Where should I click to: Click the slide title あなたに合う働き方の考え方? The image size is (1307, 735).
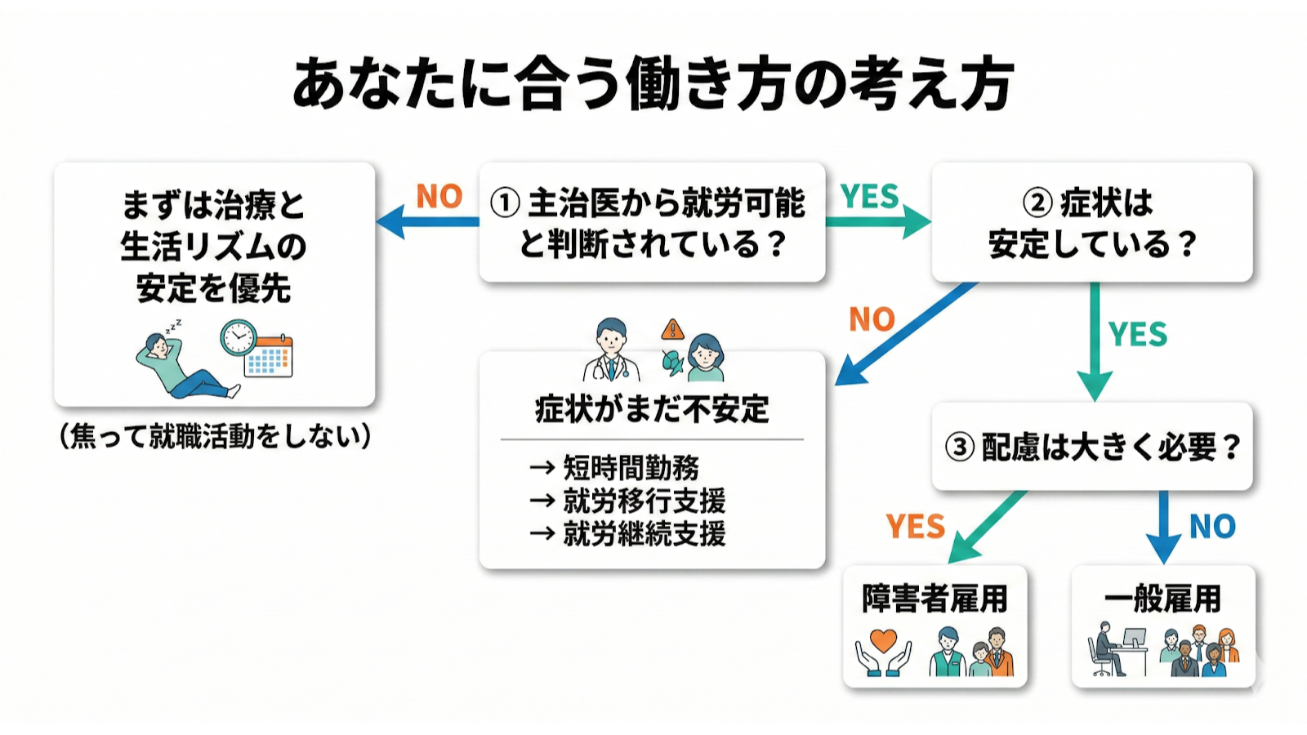pyautogui.click(x=653, y=84)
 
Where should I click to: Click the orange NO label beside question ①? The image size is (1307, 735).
pyautogui.click(x=439, y=196)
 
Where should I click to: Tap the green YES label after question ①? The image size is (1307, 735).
pyautogui.click(x=869, y=196)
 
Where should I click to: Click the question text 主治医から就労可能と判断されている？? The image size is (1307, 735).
pyautogui.click(x=653, y=223)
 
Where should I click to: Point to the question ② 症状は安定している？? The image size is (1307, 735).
pyautogui.click(x=1091, y=223)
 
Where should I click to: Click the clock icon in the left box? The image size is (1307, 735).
pyautogui.click(x=238, y=336)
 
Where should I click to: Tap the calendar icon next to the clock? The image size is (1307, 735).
pyautogui.click(x=270, y=356)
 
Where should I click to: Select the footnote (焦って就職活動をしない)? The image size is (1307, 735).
pyautogui.click(x=215, y=436)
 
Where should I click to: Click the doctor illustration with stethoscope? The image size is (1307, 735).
pyautogui.click(x=611, y=351)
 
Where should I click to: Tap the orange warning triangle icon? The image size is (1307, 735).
pyautogui.click(x=672, y=329)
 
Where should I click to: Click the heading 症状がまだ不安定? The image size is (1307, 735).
pyautogui.click(x=652, y=409)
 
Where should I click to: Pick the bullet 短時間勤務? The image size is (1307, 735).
pyautogui.click(x=631, y=468)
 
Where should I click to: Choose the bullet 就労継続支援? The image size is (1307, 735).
pyautogui.click(x=644, y=534)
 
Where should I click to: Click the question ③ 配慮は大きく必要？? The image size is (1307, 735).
pyautogui.click(x=1092, y=447)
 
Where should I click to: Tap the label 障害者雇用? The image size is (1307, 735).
pyautogui.click(x=935, y=599)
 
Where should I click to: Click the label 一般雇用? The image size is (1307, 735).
pyautogui.click(x=1162, y=599)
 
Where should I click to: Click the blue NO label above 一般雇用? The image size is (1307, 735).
pyautogui.click(x=1212, y=527)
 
